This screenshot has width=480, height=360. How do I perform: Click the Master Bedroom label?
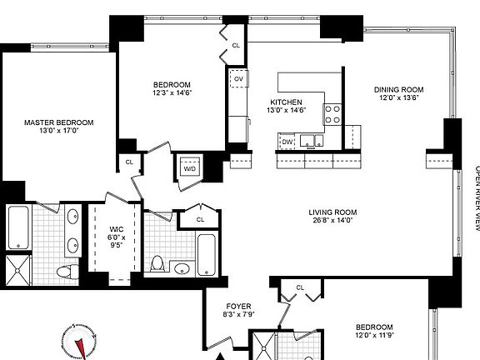tap(58, 122)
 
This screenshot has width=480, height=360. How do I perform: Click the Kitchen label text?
tap(284, 101)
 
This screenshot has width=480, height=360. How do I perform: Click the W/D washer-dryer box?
tap(188, 166)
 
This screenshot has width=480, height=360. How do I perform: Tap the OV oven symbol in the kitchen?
tap(238, 79)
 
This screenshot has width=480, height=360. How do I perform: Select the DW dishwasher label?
tap(287, 142)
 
